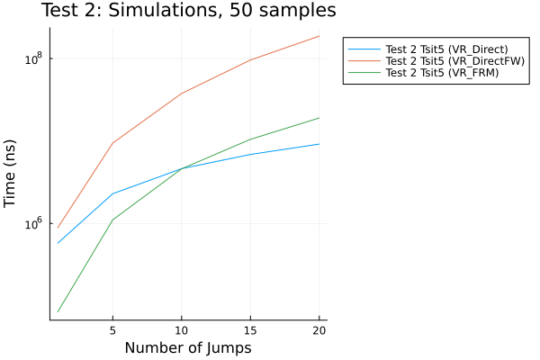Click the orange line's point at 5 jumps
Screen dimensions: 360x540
tap(112, 142)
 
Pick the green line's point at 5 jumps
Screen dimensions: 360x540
tap(112, 220)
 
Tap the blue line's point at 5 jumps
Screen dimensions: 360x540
tap(112, 193)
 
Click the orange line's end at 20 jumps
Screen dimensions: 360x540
tap(319, 36)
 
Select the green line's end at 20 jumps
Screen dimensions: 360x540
tap(319, 118)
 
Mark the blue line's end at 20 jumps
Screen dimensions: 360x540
tap(319, 144)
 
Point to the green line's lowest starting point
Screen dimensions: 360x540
tap(58, 311)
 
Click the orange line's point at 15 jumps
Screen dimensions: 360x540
tap(250, 60)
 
